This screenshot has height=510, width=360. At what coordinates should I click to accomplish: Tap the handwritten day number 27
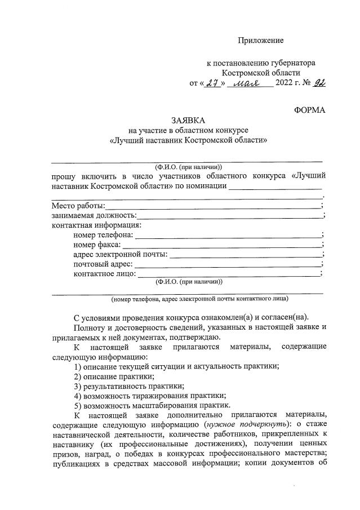(x=212, y=85)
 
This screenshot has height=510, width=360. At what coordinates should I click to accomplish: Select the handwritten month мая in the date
(x=252, y=85)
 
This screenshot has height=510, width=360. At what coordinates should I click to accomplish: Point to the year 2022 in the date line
(x=286, y=85)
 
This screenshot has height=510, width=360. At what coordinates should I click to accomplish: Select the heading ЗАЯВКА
(x=189, y=121)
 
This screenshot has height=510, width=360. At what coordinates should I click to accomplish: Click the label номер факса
(x=97, y=245)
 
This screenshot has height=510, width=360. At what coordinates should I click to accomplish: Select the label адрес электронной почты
(x=121, y=254)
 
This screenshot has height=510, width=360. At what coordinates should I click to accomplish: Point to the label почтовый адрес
(x=103, y=264)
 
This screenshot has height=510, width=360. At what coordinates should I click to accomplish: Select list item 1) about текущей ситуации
(x=176, y=366)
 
